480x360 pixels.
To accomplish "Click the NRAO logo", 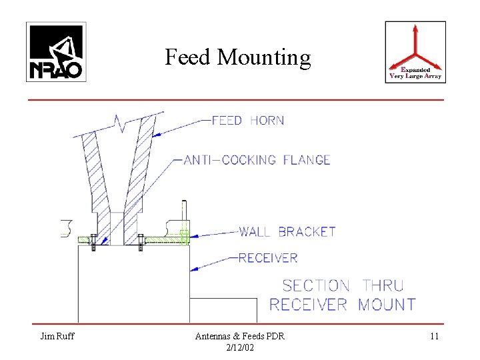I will [x=56, y=51].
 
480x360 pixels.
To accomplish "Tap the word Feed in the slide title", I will [x=187, y=59].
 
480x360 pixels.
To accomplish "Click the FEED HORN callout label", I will [x=247, y=121].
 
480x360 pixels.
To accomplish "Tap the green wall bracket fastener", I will [x=185, y=237].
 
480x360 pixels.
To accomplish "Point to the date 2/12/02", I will [x=239, y=347].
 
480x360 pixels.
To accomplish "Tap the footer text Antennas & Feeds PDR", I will [x=239, y=337].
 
